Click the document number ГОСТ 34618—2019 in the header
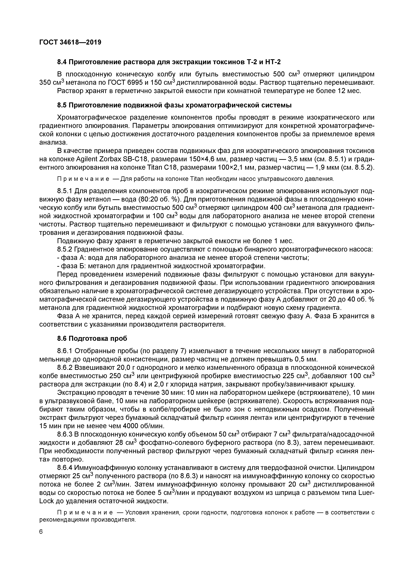pyautogui.click(x=70, y=42)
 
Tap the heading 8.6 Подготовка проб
pyautogui.click(x=92, y=338)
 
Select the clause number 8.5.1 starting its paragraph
pyautogui.click(x=65, y=191)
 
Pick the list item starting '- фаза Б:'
pyautogui.click(x=161, y=266)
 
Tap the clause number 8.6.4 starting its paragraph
pyautogui.click(x=65, y=468)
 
